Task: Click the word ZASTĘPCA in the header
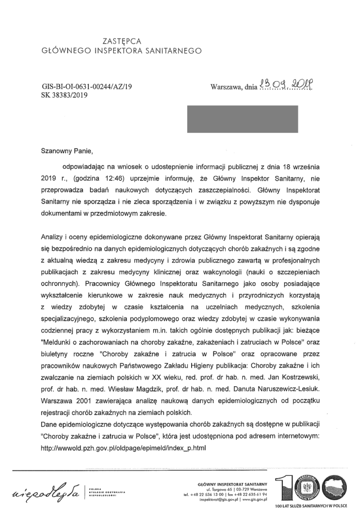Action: [x=121, y=41]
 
